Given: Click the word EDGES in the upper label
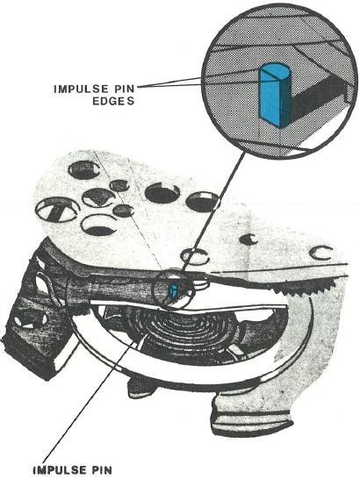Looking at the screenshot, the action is (x=113, y=101).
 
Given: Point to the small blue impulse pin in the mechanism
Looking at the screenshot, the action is (x=173, y=290).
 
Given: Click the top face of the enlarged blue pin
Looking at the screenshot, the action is (x=277, y=72).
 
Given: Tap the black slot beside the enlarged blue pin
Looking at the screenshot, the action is (x=318, y=97).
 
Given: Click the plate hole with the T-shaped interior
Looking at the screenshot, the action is (x=57, y=210).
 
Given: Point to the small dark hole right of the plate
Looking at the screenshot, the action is (x=248, y=239).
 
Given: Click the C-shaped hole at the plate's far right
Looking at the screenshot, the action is (x=320, y=253).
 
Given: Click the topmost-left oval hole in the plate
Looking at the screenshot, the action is (x=83, y=170).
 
